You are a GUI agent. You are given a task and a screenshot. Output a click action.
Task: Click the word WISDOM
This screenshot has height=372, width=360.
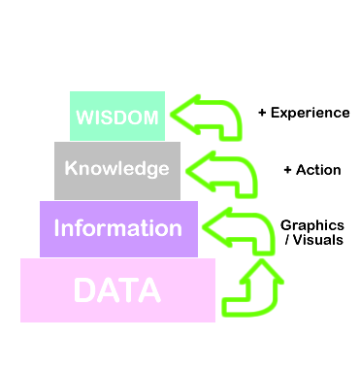(x=117, y=117)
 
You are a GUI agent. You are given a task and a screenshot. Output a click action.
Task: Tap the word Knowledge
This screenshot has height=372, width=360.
(x=116, y=168)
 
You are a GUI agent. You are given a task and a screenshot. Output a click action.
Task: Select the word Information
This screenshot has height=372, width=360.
(x=117, y=228)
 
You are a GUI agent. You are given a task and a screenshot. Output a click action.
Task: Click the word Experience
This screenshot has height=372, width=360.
(x=310, y=113)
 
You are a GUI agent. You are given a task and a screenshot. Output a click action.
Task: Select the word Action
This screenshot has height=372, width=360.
(x=318, y=170)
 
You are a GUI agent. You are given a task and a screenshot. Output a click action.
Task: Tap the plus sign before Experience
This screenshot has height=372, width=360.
(x=262, y=113)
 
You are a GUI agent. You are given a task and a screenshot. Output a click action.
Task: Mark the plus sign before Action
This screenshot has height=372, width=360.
(x=287, y=170)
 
